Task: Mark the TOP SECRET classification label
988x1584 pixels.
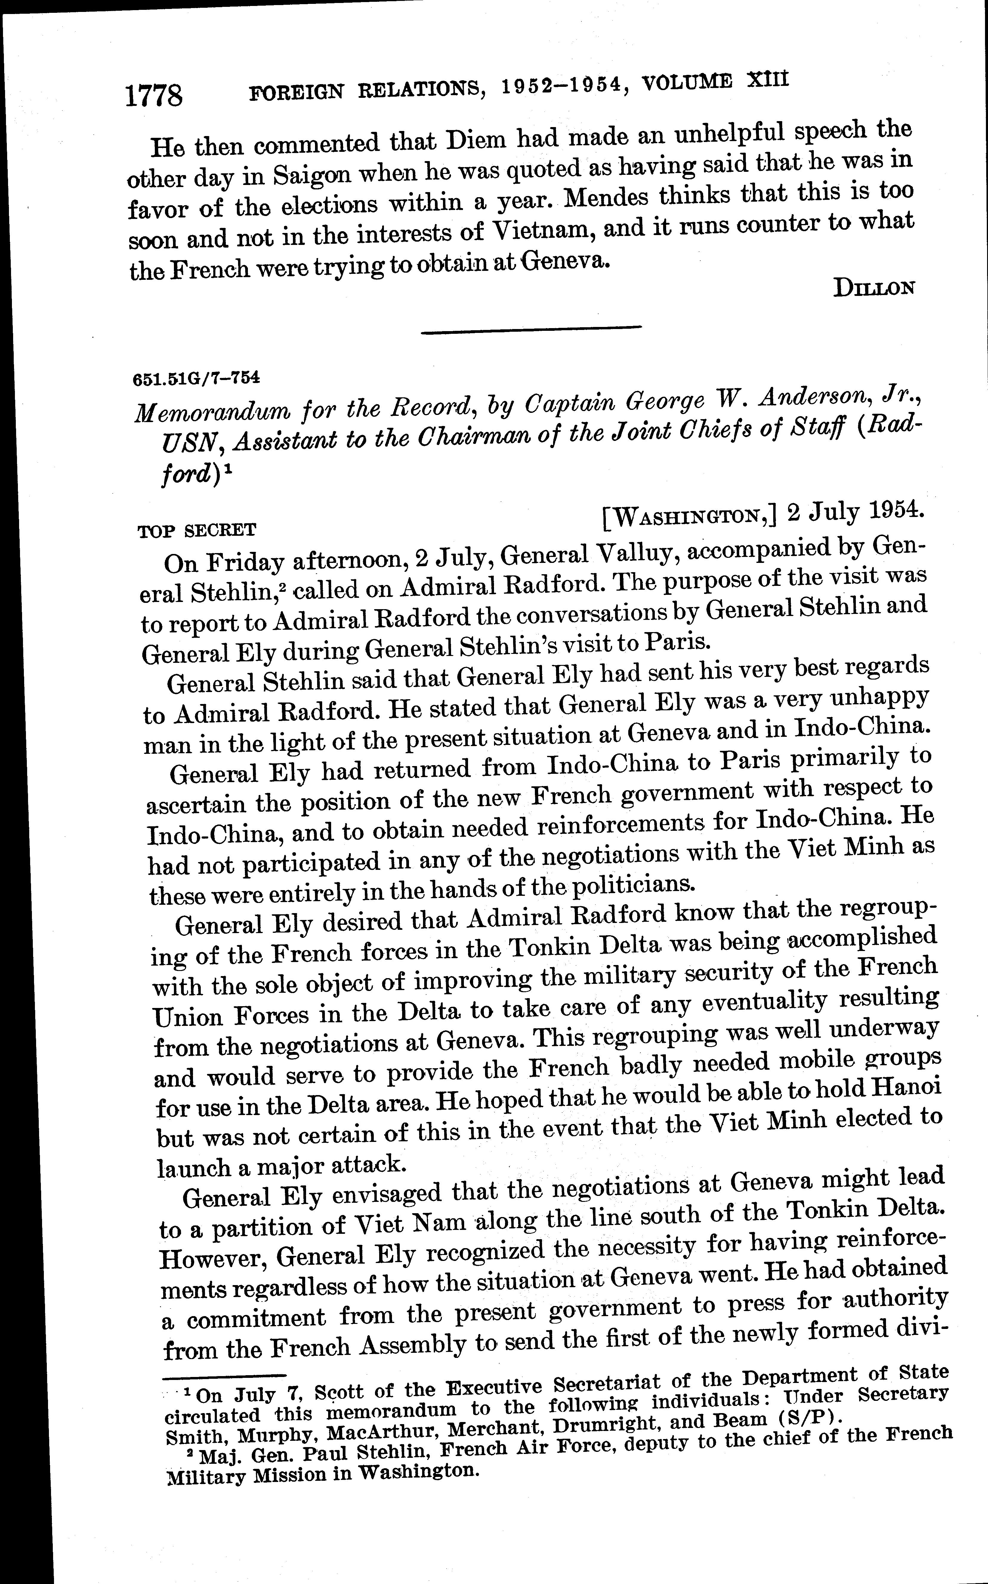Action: coord(197,530)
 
